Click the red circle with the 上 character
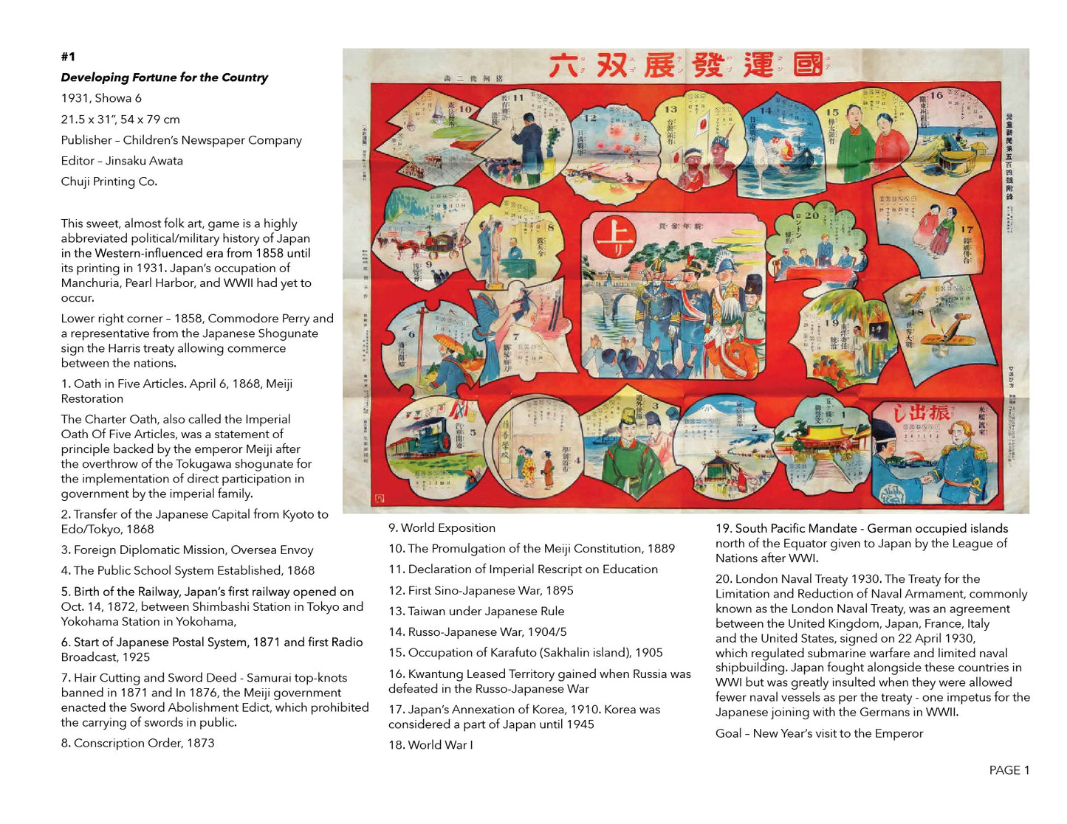[614, 237]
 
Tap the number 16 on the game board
[936, 95]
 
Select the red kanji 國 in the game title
[808, 65]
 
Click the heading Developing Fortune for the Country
[164, 77]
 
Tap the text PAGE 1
[1009, 770]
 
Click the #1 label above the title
[68, 57]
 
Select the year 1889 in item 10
[660, 548]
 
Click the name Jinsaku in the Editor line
[128, 161]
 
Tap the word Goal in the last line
[728, 733]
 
